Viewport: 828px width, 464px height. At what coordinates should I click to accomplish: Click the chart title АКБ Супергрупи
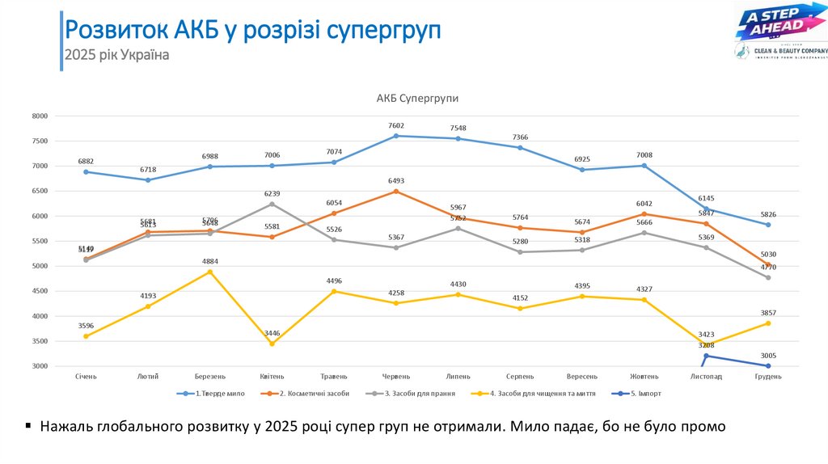(x=417, y=98)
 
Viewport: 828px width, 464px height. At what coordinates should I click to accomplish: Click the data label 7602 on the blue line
(x=396, y=125)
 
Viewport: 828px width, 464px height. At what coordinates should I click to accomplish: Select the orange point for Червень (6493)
(x=396, y=192)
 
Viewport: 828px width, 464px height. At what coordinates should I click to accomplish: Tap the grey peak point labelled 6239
(x=272, y=204)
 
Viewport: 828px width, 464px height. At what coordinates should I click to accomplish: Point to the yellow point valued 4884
(x=210, y=272)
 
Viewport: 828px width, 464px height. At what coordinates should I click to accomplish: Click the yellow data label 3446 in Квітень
(x=272, y=333)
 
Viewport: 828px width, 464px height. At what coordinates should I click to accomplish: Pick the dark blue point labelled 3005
(x=768, y=366)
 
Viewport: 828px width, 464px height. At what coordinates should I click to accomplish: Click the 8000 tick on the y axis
(x=40, y=116)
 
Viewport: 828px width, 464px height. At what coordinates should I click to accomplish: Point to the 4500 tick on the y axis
(x=40, y=291)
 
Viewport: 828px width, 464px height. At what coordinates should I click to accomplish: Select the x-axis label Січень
(x=86, y=377)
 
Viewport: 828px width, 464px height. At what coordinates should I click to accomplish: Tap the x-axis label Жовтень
(x=644, y=377)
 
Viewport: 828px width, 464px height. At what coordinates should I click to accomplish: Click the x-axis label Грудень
(x=768, y=377)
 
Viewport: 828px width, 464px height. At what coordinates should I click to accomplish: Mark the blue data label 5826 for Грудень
(x=768, y=214)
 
